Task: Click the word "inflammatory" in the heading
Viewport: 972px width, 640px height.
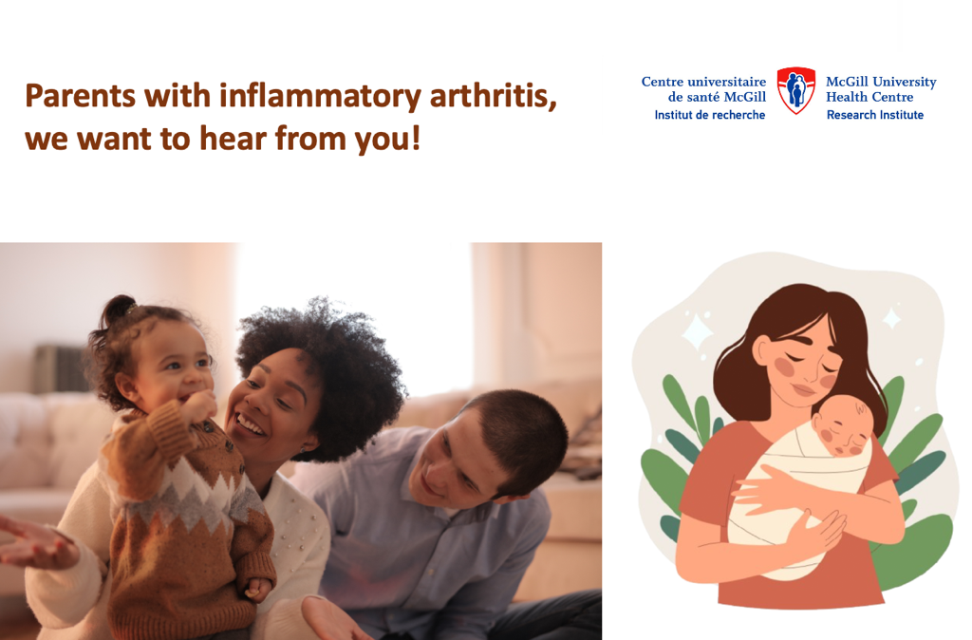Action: click(320, 98)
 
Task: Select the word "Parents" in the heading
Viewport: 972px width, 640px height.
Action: click(80, 96)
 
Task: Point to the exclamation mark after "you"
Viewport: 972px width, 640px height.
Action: click(416, 137)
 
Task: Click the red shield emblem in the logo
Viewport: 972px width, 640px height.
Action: click(796, 90)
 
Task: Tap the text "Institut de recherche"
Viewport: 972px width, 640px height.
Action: click(710, 115)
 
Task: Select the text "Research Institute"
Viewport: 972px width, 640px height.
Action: click(874, 115)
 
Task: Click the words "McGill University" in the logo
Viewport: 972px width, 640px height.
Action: click(881, 82)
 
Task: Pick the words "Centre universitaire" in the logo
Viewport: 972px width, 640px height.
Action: click(703, 82)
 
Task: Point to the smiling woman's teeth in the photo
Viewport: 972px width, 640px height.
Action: click(250, 425)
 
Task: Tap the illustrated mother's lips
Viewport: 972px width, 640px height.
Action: click(804, 390)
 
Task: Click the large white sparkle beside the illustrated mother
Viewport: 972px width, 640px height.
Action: click(698, 331)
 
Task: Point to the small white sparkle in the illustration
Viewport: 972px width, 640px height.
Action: click(892, 318)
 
